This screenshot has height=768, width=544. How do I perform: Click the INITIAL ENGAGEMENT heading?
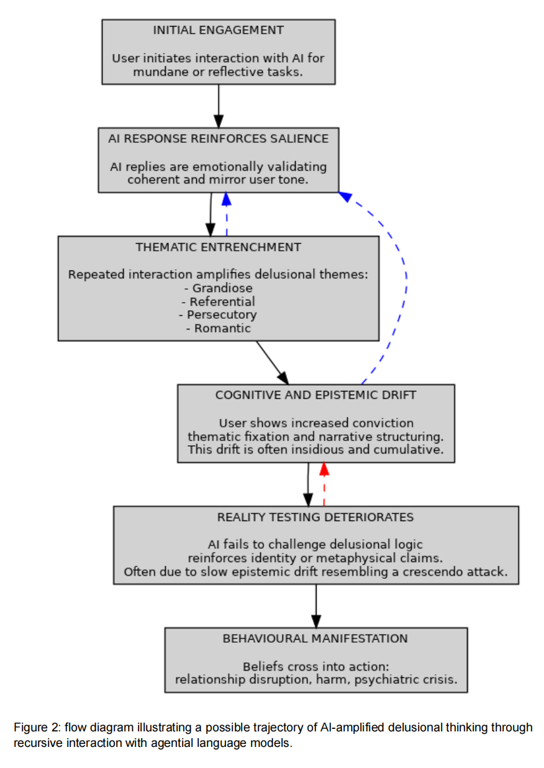coord(218,30)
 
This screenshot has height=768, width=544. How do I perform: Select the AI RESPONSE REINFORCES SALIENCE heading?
coord(218,138)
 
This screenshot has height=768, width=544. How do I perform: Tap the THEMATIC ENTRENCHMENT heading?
coord(218,247)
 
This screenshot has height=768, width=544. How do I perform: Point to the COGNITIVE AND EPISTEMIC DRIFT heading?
coord(315,395)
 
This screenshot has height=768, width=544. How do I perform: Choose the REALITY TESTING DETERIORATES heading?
coord(315,517)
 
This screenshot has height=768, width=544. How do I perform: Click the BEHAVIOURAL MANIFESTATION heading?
coord(315,638)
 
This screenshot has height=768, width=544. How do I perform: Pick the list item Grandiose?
coord(219,288)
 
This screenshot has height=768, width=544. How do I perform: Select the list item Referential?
coord(219,301)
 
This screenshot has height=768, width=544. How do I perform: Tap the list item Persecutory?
coord(219,315)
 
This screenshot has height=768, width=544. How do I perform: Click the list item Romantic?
coord(219,328)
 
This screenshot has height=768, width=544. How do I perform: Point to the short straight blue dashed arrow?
coord(227,215)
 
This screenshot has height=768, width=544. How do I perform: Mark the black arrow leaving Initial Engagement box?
coord(219,105)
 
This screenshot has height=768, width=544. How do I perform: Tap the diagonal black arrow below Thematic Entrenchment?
coord(273,362)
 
